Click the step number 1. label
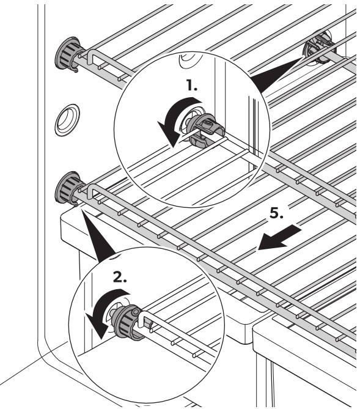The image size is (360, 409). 192,86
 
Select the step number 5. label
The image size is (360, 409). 276,213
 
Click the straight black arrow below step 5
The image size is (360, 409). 280,238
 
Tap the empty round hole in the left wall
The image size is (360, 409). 67,120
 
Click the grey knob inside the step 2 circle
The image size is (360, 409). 128,324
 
